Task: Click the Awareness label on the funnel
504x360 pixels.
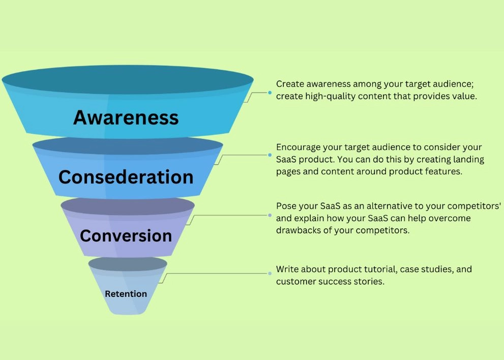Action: [126, 117]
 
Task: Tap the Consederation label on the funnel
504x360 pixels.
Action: [126, 177]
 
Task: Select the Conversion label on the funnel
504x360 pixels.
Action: [126, 235]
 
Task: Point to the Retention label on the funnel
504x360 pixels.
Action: [126, 294]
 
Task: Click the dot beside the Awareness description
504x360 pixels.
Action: [270, 93]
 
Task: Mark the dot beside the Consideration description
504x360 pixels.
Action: [270, 155]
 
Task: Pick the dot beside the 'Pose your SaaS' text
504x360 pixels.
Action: [270, 215]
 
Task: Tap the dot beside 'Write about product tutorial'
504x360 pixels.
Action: [270, 274]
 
